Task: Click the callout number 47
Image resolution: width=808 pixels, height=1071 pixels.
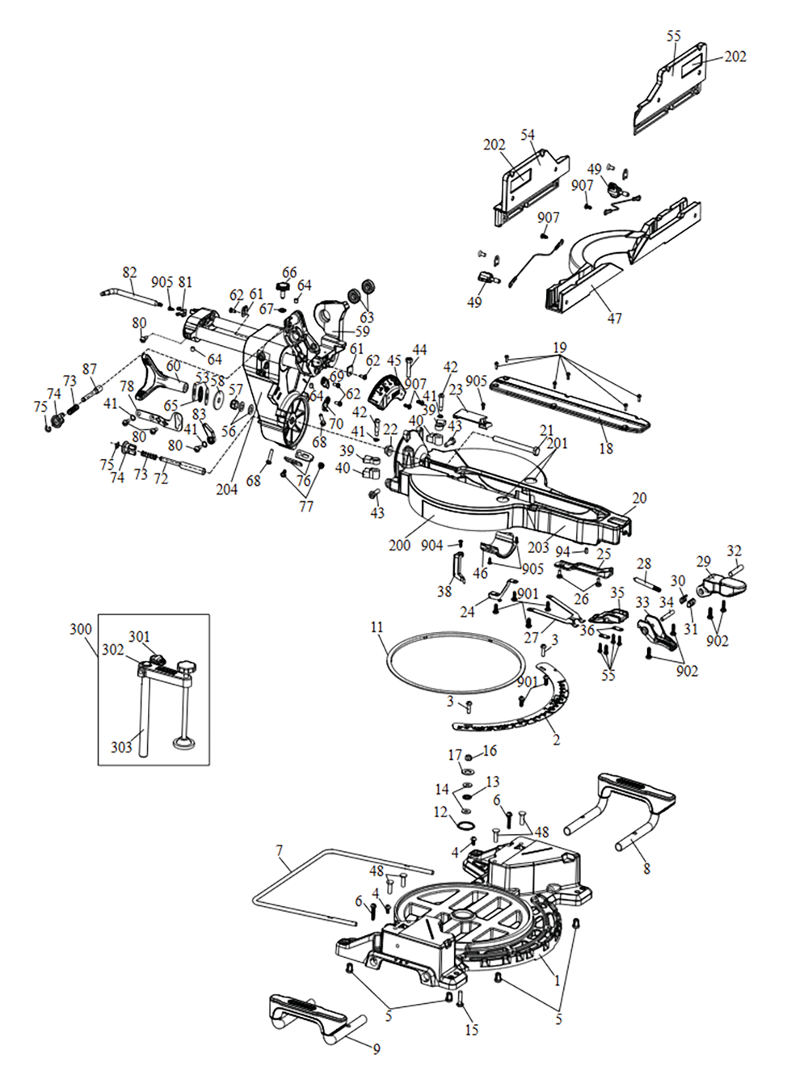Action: coord(615,318)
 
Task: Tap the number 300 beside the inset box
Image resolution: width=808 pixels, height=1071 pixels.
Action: coord(81,629)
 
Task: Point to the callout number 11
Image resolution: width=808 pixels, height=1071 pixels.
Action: coord(377,627)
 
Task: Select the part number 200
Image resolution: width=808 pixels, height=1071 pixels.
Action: coord(399,545)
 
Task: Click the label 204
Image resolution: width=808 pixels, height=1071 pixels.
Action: coord(227,489)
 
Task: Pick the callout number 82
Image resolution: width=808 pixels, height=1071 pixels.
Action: coord(129,272)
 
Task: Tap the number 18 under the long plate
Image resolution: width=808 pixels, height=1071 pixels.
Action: coord(606,448)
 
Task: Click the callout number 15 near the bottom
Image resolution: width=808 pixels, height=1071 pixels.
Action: coord(472,1029)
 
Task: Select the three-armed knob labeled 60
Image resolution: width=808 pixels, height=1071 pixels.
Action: coord(153,377)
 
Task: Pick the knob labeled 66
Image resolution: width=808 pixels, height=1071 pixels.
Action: coord(284,289)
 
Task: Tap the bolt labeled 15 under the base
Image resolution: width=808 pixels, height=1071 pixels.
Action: coord(460,1000)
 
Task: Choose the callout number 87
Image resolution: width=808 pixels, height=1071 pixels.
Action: coord(90,369)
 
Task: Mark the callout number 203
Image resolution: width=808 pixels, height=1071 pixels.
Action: coord(538,547)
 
